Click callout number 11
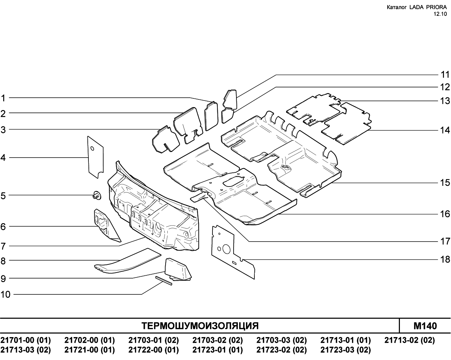(x=445, y=75)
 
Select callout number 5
(x=3, y=196)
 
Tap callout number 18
(x=445, y=260)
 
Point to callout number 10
(x=5, y=294)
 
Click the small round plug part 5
(x=97, y=196)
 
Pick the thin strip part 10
(x=164, y=281)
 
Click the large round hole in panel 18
(x=227, y=249)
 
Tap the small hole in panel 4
(x=92, y=149)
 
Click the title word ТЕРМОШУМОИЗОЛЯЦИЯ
(x=200, y=326)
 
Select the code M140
(x=425, y=326)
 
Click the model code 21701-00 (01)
(x=26, y=340)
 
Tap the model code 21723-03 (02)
(x=346, y=350)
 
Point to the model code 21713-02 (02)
(x=409, y=340)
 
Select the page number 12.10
(x=440, y=14)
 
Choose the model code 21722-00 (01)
(x=154, y=350)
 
